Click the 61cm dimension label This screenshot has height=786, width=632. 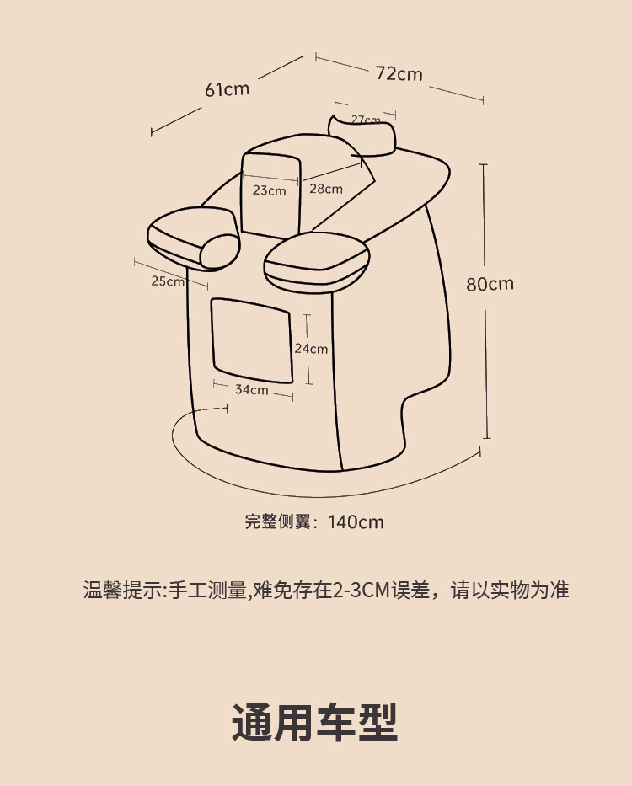[x=228, y=88]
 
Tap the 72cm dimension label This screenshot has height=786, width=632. [x=399, y=73]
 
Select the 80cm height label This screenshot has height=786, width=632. [x=490, y=283]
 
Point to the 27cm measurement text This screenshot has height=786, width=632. [x=366, y=120]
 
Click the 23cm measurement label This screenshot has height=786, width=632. [x=269, y=190]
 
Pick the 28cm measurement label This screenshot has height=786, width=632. [x=325, y=189]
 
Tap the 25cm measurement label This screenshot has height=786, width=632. [x=168, y=281]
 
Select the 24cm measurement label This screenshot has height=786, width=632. [x=311, y=348]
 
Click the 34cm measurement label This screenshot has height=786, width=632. [x=251, y=389]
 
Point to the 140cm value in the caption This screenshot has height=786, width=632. [x=356, y=522]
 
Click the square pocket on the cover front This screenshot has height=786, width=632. [x=250, y=335]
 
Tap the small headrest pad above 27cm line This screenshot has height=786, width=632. [x=362, y=135]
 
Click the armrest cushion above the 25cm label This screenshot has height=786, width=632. [x=193, y=236]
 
